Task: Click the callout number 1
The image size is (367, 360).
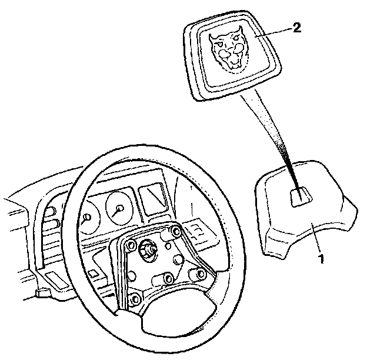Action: (321, 257)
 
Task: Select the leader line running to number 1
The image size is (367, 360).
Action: (315, 241)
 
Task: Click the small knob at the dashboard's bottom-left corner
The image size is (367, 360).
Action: (42, 292)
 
